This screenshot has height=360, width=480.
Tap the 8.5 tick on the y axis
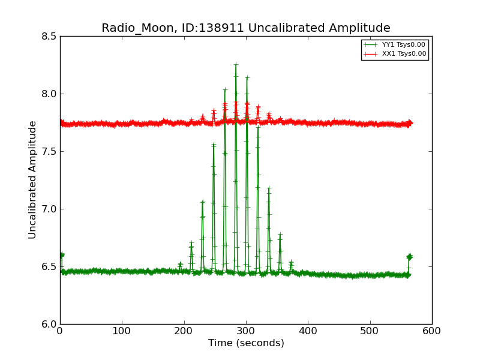50,36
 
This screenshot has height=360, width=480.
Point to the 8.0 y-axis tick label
50,94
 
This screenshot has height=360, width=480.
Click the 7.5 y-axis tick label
50,151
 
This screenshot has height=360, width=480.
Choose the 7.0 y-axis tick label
50,209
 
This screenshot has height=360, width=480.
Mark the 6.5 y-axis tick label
50,266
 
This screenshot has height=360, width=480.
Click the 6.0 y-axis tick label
50,324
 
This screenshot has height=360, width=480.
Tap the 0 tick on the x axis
60,331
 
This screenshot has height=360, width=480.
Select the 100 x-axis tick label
122,331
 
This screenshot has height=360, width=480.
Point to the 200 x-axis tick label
184,331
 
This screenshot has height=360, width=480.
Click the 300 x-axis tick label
246,331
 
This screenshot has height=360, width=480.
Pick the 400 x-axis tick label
308,331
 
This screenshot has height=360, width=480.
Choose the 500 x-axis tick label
370,331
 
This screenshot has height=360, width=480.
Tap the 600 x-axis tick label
432,331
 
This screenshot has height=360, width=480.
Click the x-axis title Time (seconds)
246,343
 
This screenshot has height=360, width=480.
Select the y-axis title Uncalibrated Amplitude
32,179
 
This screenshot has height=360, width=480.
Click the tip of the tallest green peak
236,64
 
